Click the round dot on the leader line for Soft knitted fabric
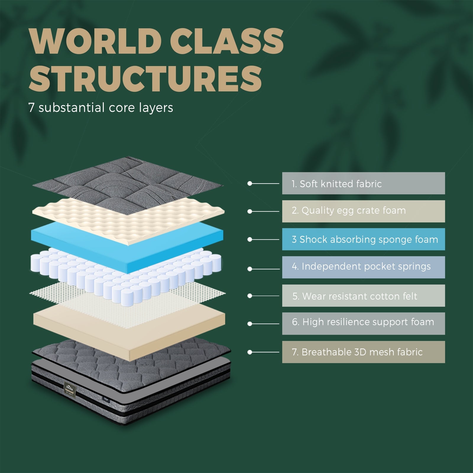(x=250, y=184)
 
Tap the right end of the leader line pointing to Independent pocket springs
(x=279, y=269)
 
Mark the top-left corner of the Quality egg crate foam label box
(x=282, y=200)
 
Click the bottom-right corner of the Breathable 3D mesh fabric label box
(x=445, y=363)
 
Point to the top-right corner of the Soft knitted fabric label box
(x=445, y=172)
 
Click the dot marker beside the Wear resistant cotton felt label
(x=250, y=296)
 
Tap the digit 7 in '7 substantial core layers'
(x=31, y=108)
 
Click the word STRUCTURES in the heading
(x=145, y=79)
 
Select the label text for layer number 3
(x=365, y=239)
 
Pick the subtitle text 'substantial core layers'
(x=106, y=108)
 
